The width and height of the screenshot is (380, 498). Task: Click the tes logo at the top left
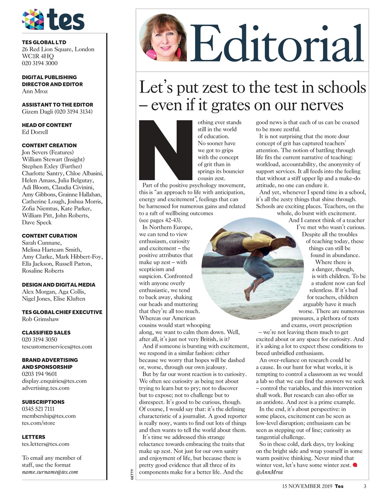tap(53, 19)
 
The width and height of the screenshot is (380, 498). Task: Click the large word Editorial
tap(278, 44)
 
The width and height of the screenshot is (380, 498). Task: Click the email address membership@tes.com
tap(49, 416)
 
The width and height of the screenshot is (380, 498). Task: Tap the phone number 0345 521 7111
tap(38, 409)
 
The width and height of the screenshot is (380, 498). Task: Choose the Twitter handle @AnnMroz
tap(269, 472)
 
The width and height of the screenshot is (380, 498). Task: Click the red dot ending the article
tap(355, 465)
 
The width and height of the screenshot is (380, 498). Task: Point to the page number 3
tap(365, 486)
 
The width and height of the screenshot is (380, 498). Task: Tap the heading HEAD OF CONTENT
tap(47, 125)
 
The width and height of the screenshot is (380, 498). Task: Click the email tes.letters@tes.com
tap(46, 444)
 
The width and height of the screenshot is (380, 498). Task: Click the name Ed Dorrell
tap(35, 132)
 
